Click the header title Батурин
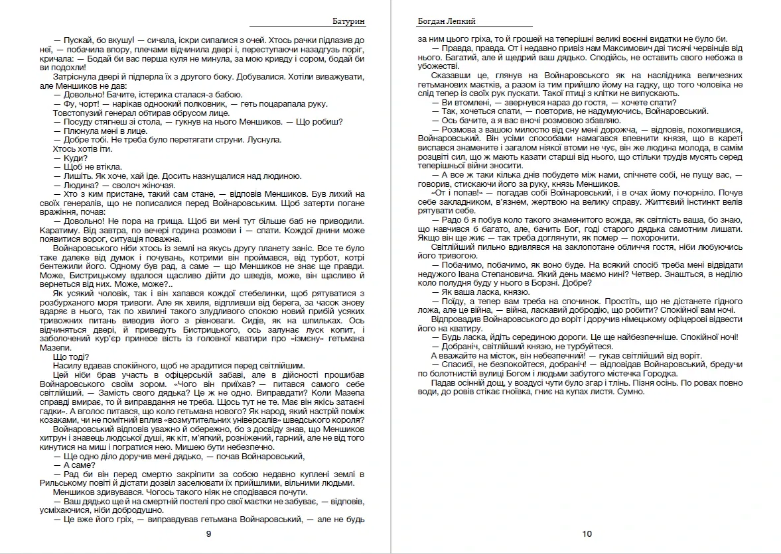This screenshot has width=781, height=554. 348,21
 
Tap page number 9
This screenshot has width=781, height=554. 208,533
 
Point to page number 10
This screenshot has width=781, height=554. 587,533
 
